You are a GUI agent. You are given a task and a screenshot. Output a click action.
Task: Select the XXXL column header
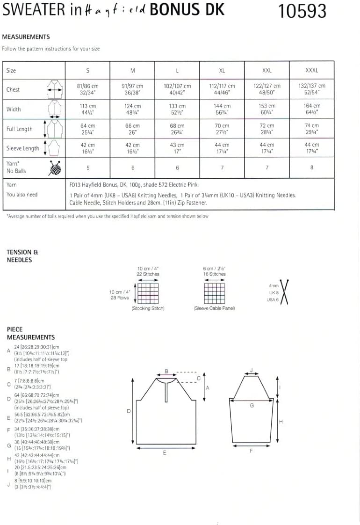pos(311,71)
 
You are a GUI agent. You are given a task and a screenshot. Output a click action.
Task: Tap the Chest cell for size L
pos(177,89)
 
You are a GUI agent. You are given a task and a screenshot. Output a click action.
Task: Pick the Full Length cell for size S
pos(88,129)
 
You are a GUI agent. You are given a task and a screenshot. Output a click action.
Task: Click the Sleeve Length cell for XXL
pos(266,148)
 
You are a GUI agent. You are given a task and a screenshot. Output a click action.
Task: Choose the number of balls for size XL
pos(222,168)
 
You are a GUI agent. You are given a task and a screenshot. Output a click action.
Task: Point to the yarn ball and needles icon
pos(55,168)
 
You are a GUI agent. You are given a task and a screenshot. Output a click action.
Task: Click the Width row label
pos(14,109)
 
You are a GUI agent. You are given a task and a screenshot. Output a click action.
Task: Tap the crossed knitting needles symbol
pos(284,292)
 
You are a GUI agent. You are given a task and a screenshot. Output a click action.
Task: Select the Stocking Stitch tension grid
pos(148,293)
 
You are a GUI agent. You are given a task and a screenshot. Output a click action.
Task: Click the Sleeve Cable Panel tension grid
pos(214,293)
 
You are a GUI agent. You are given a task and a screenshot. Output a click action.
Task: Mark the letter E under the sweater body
pos(165,453)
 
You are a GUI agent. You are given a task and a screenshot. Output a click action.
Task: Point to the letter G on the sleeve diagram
pos(252,406)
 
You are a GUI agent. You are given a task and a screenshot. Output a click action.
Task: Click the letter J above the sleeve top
pos(252,370)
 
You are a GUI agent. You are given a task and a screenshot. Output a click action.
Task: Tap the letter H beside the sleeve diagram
pos(281,422)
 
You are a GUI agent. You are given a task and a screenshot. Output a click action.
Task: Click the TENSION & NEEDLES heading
pos(20,256)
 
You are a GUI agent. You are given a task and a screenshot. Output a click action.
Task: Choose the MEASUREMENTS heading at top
pos(26,37)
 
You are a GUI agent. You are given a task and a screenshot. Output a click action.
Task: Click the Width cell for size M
pos(133,109)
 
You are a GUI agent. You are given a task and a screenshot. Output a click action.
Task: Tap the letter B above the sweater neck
pos(166,372)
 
